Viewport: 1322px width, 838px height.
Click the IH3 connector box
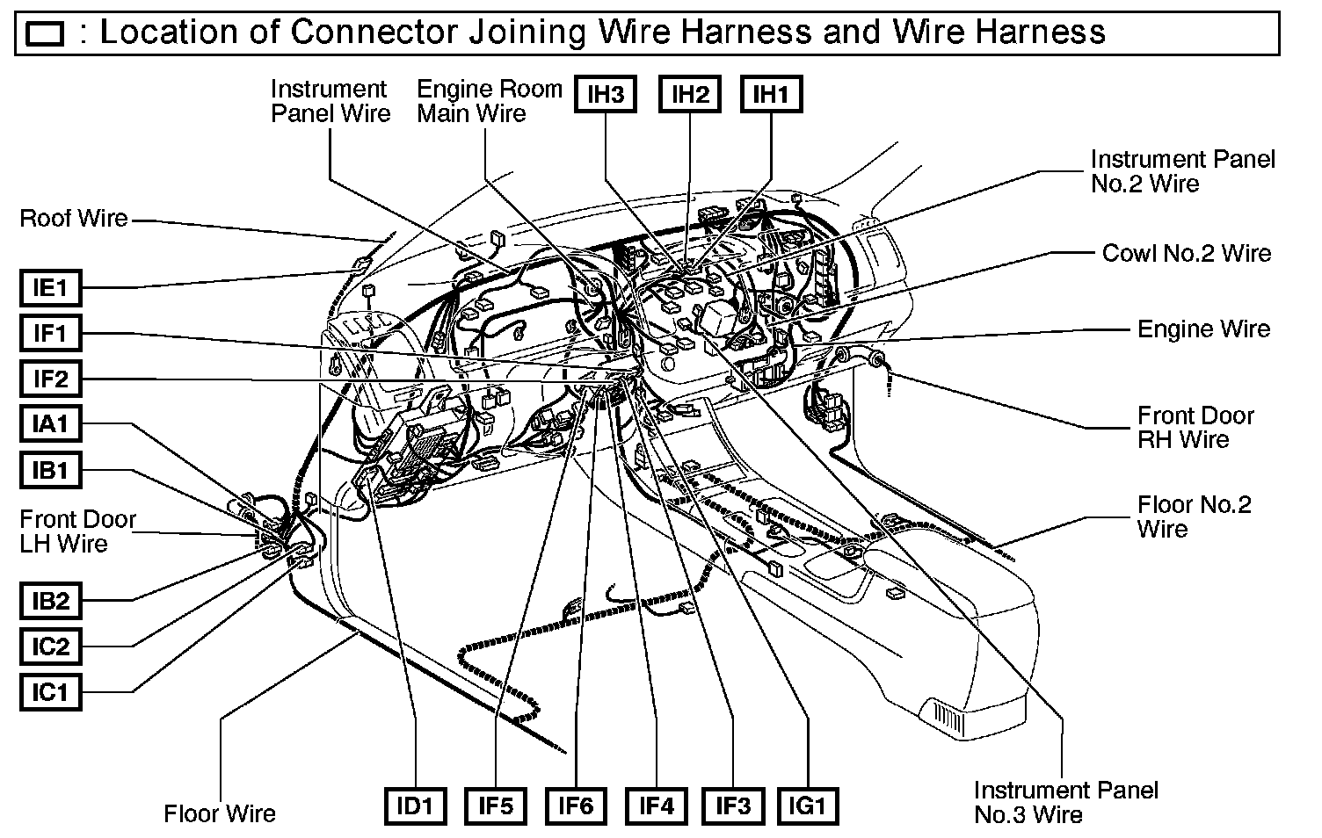[606, 94]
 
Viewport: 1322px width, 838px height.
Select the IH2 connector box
[689, 94]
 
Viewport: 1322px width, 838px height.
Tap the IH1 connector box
[771, 94]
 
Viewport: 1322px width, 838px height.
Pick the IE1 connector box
[50, 287]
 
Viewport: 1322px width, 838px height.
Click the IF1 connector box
[50, 333]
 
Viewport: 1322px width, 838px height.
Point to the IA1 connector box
[50, 424]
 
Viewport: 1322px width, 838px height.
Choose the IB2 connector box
[50, 602]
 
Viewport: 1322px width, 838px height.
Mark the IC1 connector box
[50, 692]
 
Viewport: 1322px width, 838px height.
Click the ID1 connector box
[415, 805]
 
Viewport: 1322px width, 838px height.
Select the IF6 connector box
[576, 805]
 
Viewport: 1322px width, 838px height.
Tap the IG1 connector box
[808, 805]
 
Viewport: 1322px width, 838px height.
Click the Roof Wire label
[74, 218]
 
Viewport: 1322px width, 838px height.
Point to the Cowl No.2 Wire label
[1186, 253]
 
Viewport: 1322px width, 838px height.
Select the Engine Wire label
[1203, 329]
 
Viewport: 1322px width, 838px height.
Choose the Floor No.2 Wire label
[1193, 517]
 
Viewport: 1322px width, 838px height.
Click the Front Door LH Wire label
[77, 531]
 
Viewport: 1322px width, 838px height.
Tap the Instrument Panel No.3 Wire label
[1065, 802]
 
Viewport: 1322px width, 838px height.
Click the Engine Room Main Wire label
[489, 101]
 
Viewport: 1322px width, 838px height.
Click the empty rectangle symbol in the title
[46, 34]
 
